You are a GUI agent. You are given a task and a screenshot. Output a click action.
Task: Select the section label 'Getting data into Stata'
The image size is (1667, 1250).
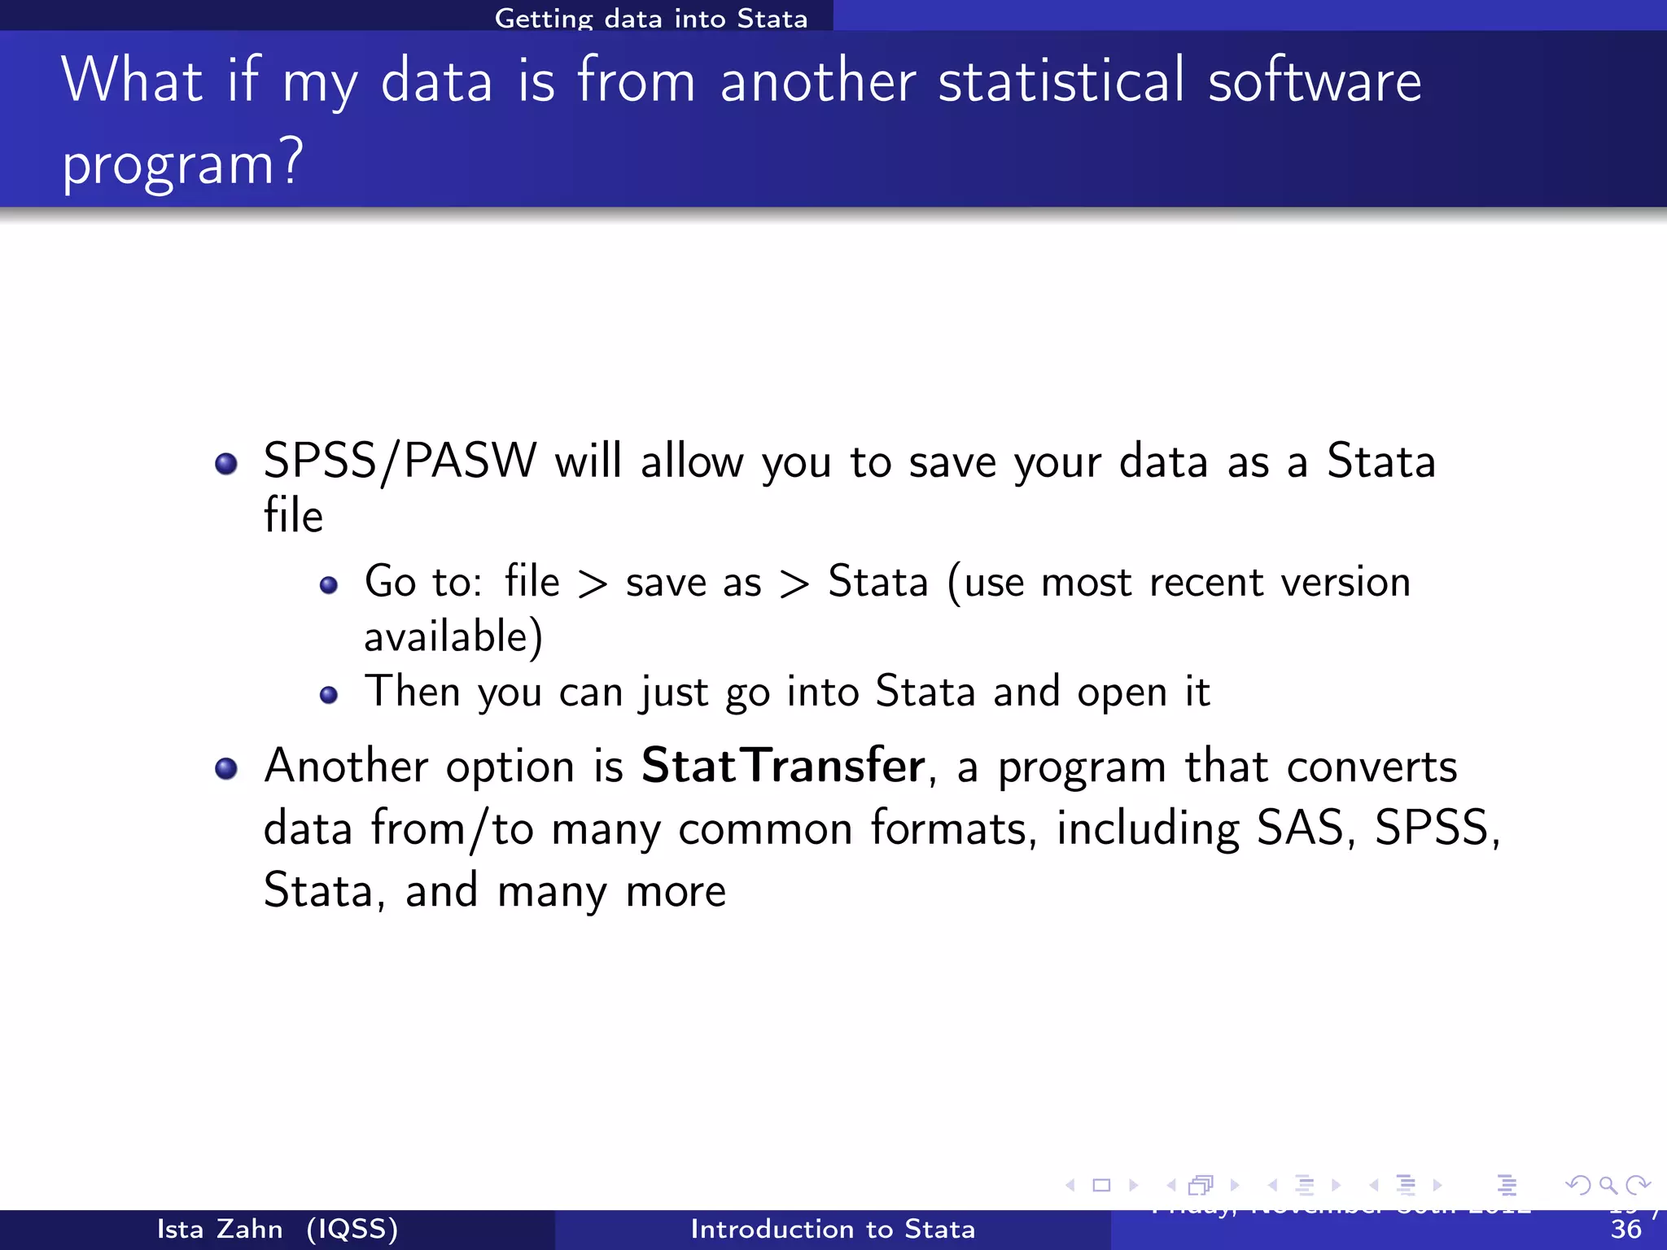(x=651, y=18)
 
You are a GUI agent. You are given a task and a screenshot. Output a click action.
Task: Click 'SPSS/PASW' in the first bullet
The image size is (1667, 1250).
(x=400, y=461)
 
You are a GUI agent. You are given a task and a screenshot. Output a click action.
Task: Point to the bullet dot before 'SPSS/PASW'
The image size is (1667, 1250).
(x=225, y=464)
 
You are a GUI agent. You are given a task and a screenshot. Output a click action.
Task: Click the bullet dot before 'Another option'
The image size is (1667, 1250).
(x=225, y=769)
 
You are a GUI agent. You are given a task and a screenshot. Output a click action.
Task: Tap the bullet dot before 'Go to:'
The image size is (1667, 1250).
(x=328, y=585)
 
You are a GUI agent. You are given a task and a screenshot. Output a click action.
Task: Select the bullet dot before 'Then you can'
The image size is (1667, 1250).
(x=328, y=694)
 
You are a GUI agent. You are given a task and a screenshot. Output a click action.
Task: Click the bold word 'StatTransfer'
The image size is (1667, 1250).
(x=782, y=766)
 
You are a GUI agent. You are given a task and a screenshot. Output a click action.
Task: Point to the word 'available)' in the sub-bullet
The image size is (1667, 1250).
(x=453, y=636)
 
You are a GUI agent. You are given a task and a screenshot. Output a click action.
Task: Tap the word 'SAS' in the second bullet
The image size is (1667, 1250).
(x=1300, y=828)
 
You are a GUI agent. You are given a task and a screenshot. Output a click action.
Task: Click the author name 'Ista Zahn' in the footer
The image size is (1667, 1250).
(x=220, y=1229)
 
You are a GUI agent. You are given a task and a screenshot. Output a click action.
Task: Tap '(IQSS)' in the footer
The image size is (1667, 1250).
(x=352, y=1229)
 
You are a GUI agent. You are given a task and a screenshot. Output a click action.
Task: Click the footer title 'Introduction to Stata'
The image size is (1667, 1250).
(x=833, y=1229)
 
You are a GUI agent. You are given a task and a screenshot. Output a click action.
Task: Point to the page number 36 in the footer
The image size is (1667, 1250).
(x=1625, y=1230)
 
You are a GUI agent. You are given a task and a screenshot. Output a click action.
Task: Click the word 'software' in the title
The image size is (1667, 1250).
(x=1315, y=81)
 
